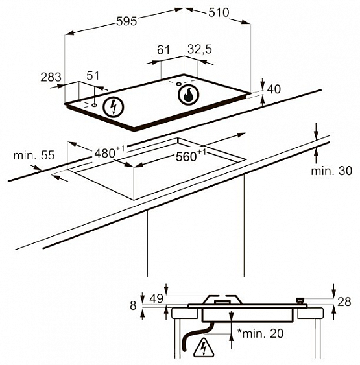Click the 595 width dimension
[126, 21]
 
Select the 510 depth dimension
[219, 12]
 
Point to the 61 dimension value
[163, 50]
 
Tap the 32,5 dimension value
[200, 49]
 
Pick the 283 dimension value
[51, 77]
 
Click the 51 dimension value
[93, 76]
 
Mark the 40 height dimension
[274, 89]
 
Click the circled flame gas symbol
[188, 95]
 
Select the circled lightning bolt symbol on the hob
[114, 107]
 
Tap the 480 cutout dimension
[110, 152]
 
